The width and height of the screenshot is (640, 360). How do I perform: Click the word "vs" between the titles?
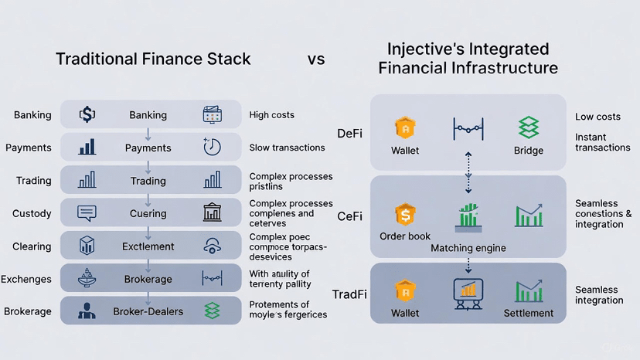coord(315,59)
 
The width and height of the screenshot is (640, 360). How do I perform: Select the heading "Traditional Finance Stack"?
coord(153,59)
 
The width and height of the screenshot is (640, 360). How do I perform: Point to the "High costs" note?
coord(271,115)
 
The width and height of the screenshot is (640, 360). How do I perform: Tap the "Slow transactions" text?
coord(287,148)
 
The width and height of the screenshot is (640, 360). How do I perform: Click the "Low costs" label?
coord(597,117)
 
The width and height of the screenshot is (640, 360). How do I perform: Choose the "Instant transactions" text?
coord(602,142)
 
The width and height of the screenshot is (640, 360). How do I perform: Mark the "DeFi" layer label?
coord(351,134)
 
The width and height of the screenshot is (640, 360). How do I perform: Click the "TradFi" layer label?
coord(349,294)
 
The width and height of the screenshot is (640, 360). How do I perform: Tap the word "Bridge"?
coord(529,151)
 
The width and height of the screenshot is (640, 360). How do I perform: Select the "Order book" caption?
coord(405,236)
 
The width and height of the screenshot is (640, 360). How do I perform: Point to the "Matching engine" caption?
coord(468,248)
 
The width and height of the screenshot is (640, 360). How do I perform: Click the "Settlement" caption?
coord(529,313)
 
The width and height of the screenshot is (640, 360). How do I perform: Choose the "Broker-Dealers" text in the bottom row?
coord(148,311)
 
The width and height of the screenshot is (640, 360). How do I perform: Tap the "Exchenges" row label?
coord(26,279)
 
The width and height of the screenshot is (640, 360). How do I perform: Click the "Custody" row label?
coord(32,213)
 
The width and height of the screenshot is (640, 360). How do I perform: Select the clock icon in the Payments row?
coord(212,147)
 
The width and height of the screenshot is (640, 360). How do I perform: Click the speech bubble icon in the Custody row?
coord(87,212)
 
